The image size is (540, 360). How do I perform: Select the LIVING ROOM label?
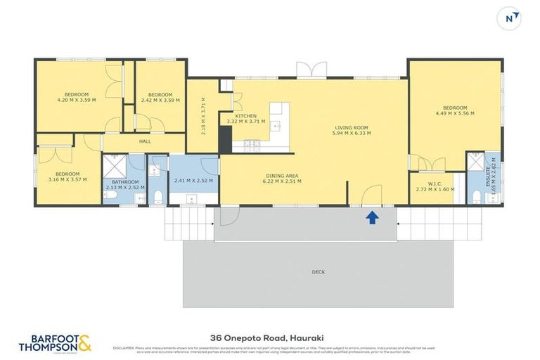pos(352,128)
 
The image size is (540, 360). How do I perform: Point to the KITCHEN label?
pos(245,116)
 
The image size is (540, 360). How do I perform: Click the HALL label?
pos(145,141)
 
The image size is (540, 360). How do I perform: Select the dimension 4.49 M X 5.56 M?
pos(454,112)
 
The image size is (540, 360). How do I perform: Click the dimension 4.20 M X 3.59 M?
pos(77,100)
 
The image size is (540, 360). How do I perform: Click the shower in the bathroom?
pos(114,166)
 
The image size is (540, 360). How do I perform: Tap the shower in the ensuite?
pos(477,161)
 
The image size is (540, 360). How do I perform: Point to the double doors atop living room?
pos(311,70)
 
